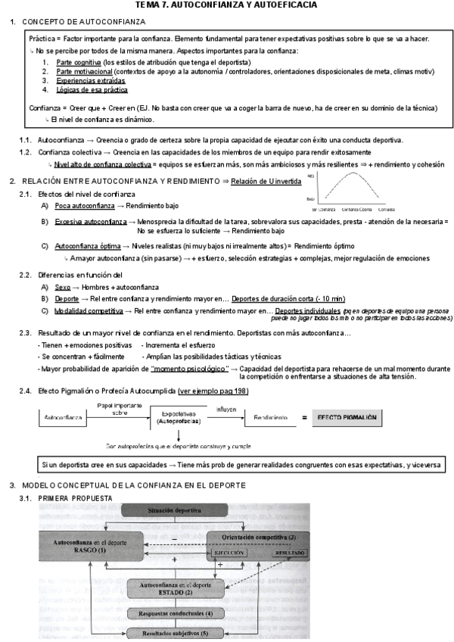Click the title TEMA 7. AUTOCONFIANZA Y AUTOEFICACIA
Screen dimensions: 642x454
226,5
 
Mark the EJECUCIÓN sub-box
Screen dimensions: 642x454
230,553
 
